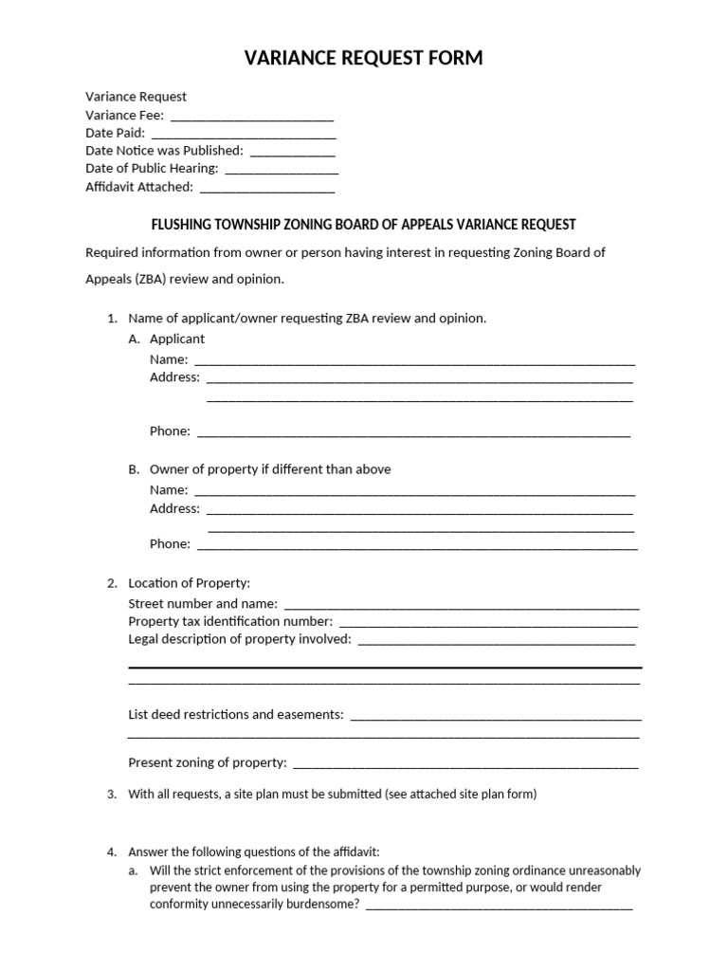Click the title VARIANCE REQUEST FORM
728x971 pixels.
click(x=364, y=59)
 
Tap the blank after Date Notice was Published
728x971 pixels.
click(x=292, y=153)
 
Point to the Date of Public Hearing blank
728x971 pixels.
click(x=281, y=171)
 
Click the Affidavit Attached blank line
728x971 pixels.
click(x=267, y=189)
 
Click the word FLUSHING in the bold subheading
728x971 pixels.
click(x=180, y=225)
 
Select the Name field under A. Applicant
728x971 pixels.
click(x=414, y=361)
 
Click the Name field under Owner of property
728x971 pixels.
click(x=414, y=492)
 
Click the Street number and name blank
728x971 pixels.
click(x=462, y=605)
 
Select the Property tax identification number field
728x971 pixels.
click(x=488, y=623)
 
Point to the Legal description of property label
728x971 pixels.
click(x=239, y=639)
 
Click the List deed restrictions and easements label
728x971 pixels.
click(x=235, y=714)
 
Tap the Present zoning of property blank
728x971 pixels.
click(x=465, y=764)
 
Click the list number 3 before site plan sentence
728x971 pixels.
click(x=112, y=795)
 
